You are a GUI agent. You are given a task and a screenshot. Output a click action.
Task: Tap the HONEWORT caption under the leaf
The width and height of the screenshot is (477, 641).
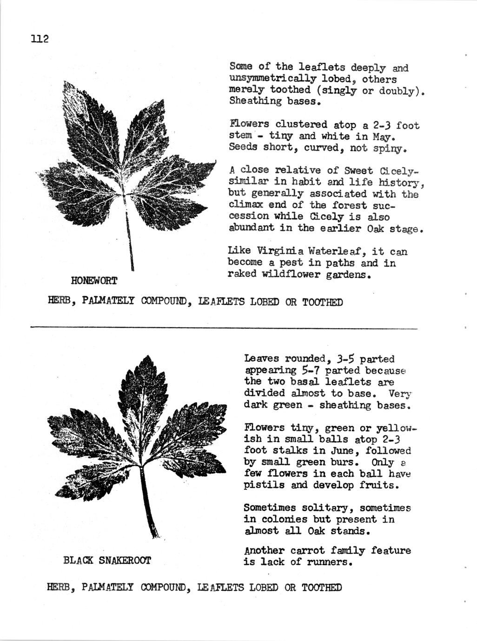[x=94, y=281]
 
